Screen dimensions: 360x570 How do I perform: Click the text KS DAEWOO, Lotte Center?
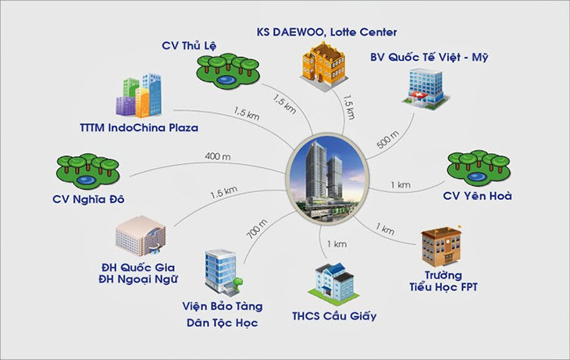click(x=326, y=32)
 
